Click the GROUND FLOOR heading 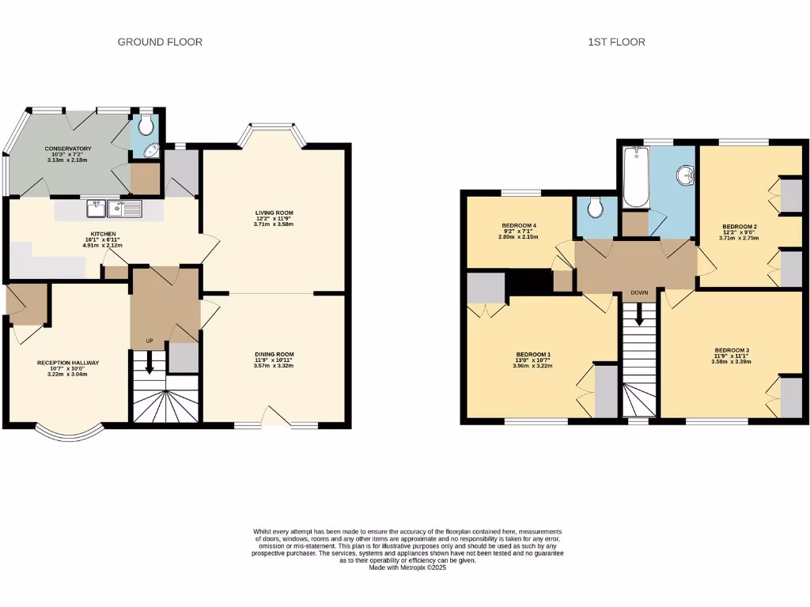tap(160, 42)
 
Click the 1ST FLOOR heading tap(616, 42)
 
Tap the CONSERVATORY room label tap(68, 149)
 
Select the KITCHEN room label tap(103, 234)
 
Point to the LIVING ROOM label tap(274, 213)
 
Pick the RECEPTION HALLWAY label tap(68, 363)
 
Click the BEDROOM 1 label tap(533, 353)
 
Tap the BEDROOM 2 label tap(738, 226)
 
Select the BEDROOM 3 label tap(731, 350)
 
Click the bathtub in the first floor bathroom tap(635, 175)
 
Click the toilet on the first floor tap(596, 208)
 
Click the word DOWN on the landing tap(639, 292)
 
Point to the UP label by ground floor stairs tap(149, 341)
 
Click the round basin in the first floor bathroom tap(685, 173)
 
